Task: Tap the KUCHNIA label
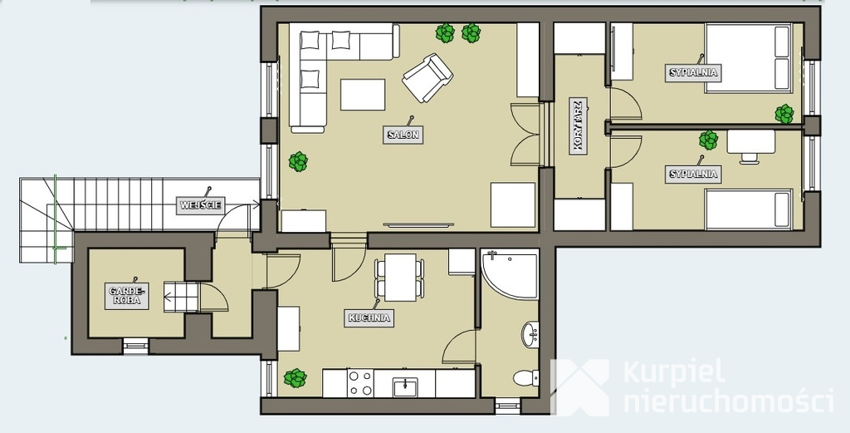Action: [x=369, y=318]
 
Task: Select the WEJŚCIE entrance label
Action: [x=201, y=205]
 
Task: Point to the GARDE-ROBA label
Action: [x=127, y=296]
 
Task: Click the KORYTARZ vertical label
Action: [x=579, y=126]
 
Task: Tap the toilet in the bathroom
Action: [x=525, y=377]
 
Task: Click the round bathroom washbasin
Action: [x=530, y=334]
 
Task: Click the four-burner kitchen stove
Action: [x=360, y=383]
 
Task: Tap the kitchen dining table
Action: [x=401, y=278]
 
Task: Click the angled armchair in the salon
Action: [x=427, y=77]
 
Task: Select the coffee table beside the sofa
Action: [x=363, y=95]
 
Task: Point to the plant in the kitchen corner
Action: [x=296, y=378]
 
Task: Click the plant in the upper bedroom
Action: [x=784, y=114]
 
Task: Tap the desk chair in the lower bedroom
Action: [x=750, y=157]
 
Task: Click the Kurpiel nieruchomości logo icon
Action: [x=580, y=387]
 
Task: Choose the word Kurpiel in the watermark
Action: [x=674, y=373]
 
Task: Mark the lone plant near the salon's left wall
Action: [x=298, y=162]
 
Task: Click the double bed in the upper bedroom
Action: [x=749, y=58]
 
